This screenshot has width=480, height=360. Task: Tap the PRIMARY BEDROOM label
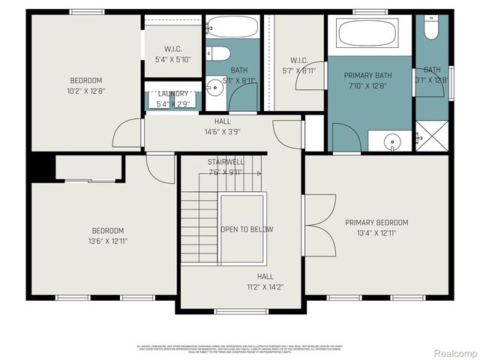[x=376, y=223]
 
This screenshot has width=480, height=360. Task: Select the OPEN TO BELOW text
[x=247, y=229]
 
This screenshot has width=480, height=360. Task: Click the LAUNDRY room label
[x=173, y=94]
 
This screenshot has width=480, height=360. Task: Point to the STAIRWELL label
[x=226, y=162]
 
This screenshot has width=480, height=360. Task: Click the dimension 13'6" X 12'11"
[x=108, y=241]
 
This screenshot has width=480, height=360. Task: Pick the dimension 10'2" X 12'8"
[x=86, y=91]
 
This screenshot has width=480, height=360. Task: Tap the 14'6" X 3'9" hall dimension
[x=223, y=131]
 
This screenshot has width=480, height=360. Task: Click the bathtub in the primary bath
[x=367, y=34]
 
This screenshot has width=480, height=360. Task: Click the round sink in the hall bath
[x=216, y=86]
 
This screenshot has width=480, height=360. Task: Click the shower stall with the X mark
[x=431, y=137]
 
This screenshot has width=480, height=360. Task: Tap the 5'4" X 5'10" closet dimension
[x=173, y=58]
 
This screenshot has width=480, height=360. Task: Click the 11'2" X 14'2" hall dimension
[x=265, y=286]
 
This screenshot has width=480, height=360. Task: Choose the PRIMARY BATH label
[x=367, y=76]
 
